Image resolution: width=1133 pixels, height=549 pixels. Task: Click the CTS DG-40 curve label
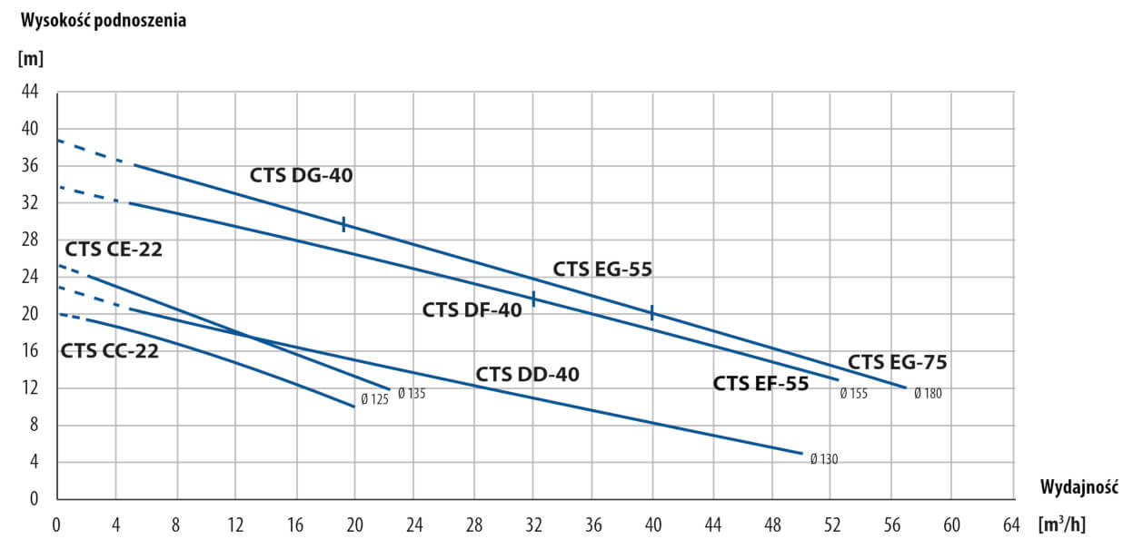(x=301, y=176)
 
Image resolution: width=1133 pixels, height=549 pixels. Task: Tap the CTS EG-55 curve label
(x=602, y=269)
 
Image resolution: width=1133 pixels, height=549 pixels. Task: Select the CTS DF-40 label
(x=472, y=310)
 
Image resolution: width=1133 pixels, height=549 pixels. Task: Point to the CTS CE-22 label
(x=114, y=250)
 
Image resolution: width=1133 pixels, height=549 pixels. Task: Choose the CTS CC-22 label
(x=110, y=351)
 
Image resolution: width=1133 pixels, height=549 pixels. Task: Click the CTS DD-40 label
(x=527, y=374)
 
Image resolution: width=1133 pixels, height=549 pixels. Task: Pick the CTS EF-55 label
(x=760, y=383)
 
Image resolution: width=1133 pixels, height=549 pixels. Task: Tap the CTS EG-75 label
(x=897, y=363)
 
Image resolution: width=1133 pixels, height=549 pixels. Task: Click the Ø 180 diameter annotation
(x=928, y=394)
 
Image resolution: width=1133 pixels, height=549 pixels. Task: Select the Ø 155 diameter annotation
(x=854, y=394)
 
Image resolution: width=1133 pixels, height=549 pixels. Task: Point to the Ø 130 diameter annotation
(x=824, y=459)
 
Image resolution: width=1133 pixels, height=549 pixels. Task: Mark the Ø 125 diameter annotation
(x=374, y=399)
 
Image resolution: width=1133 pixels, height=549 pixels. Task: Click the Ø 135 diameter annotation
(x=412, y=394)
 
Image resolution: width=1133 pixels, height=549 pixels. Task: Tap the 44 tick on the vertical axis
(x=30, y=92)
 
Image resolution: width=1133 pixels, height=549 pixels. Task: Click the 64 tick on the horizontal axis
(x=1011, y=524)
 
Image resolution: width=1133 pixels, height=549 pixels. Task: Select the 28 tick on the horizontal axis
(x=473, y=524)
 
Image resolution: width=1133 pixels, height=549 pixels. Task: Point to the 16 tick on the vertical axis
(x=30, y=351)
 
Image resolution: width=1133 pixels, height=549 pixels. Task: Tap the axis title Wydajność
(x=1078, y=486)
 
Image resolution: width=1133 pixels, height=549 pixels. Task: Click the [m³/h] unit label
(x=1062, y=524)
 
